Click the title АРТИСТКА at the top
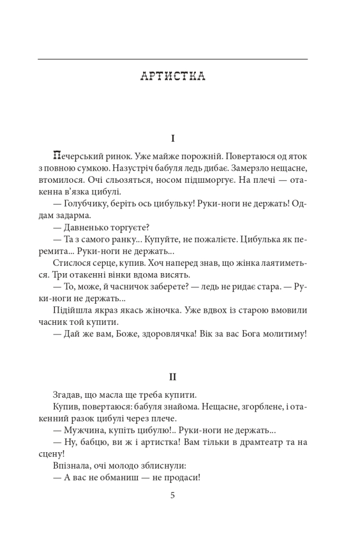[173, 77]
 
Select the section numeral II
[173, 377]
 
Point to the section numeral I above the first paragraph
[173, 138]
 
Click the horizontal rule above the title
[173, 59]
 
